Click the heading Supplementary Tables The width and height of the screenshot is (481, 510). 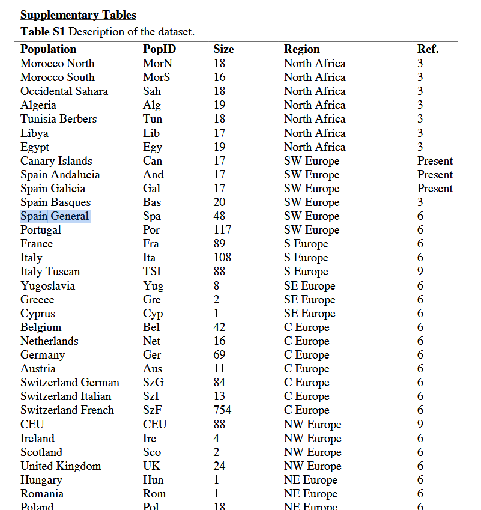tap(78, 15)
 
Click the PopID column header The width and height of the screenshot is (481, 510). tap(159, 49)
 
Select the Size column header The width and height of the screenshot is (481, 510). tap(223, 49)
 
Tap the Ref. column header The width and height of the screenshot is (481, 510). tap(428, 49)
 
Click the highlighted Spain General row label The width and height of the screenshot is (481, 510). tap(55, 216)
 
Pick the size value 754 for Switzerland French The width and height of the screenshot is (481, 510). tap(222, 410)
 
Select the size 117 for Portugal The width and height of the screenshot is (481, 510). tap(222, 230)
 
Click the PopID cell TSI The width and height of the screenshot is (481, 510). tap(152, 272)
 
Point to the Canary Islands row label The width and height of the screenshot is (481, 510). tap(56, 161)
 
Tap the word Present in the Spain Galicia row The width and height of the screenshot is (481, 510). tap(435, 189)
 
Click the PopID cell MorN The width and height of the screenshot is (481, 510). tap(157, 64)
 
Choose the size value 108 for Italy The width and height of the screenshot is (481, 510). tap(222, 258)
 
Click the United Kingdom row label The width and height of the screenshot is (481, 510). tap(61, 466)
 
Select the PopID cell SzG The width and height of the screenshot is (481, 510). tap(153, 383)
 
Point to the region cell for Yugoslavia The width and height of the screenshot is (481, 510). tap(309, 286)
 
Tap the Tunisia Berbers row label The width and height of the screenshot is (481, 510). tap(58, 119)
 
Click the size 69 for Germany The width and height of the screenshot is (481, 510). tap(219, 355)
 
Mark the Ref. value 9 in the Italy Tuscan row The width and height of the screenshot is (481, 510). tap(420, 272)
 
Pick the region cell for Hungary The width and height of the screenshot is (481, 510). tap(310, 480)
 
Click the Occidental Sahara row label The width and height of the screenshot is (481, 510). tap(64, 91)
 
